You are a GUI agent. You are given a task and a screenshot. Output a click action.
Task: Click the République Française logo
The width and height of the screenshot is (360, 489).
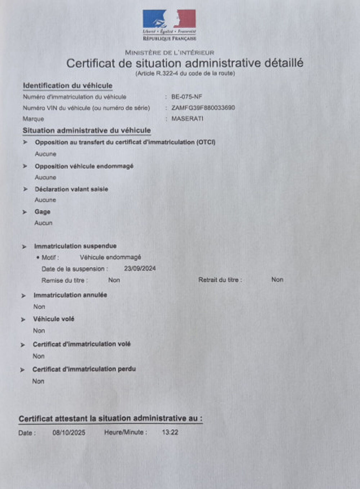[x=169, y=25]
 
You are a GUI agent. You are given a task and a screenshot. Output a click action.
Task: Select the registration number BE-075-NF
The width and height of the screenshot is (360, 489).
[x=186, y=97]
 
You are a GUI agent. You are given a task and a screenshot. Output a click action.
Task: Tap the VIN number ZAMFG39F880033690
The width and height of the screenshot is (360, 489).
[x=203, y=108]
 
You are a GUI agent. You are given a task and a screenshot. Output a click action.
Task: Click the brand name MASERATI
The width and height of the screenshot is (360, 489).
[x=187, y=119]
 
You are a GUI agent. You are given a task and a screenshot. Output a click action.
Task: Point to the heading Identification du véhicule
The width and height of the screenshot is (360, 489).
[x=68, y=86]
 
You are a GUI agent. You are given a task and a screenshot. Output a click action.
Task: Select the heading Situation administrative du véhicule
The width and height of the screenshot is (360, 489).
[x=87, y=130]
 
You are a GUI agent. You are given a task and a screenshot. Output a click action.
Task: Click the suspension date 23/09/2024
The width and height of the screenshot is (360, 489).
[x=140, y=268]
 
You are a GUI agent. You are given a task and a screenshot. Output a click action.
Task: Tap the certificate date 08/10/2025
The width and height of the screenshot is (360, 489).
[x=69, y=432]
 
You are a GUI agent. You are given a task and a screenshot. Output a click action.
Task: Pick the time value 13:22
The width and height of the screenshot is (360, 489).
[x=170, y=432]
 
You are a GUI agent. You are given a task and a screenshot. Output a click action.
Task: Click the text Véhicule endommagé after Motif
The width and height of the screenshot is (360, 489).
[x=110, y=257]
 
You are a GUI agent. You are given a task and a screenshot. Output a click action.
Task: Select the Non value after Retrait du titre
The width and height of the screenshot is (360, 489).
[x=277, y=280]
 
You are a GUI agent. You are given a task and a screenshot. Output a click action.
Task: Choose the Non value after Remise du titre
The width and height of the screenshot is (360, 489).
[x=114, y=280]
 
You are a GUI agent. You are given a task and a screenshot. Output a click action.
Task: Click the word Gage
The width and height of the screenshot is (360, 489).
[x=42, y=212]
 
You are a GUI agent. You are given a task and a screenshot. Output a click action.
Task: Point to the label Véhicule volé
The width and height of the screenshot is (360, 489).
[x=54, y=319]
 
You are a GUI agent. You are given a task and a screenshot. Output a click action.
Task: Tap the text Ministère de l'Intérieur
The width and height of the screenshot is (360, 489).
[x=170, y=53]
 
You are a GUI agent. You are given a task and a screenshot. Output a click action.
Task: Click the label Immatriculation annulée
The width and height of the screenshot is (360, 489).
[x=70, y=295]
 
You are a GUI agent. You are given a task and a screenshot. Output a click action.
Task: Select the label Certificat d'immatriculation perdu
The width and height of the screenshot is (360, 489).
[x=84, y=369]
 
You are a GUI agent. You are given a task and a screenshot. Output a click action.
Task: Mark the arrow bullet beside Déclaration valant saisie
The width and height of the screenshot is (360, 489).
[x=25, y=189]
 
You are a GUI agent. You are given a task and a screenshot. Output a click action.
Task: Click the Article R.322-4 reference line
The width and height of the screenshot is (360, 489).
[x=185, y=74]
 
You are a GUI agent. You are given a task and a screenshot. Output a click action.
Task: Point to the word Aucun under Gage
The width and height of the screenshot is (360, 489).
[x=43, y=223]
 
